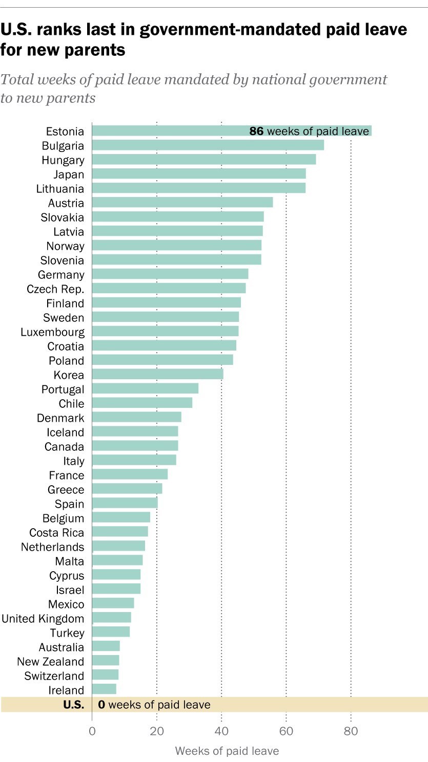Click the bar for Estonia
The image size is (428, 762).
point(169,131)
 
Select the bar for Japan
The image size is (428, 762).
point(198,174)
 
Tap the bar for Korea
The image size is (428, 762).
point(157,375)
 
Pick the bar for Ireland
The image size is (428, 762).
point(104,689)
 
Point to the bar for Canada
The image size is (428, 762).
point(135,446)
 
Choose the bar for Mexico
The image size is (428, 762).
point(113,603)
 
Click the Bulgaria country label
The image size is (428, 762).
point(63,146)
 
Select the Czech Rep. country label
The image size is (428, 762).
point(55,289)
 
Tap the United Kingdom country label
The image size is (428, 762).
point(43,619)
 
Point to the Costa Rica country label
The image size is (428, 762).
point(56,533)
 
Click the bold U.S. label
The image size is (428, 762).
point(73,705)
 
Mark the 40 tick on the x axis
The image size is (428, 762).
point(221,731)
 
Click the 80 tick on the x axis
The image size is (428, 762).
point(351,731)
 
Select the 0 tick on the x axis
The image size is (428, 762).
point(92,731)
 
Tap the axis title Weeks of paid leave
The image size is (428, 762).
point(227,751)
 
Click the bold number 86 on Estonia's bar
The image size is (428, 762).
point(256,131)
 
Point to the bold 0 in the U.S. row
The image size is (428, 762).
point(101,705)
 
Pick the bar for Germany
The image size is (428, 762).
point(170,274)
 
